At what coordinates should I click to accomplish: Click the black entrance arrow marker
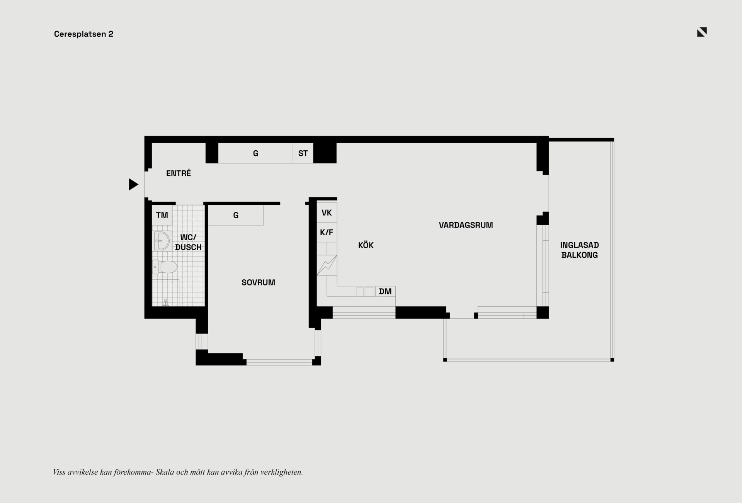133,184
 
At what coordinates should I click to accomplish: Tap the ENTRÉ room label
179,173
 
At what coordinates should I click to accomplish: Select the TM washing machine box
162,215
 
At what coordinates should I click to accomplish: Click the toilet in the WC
165,267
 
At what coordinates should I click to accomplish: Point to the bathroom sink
162,241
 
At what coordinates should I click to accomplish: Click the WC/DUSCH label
188,242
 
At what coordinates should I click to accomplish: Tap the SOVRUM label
259,282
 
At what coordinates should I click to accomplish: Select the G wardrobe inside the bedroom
236,215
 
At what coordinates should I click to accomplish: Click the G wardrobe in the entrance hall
255,153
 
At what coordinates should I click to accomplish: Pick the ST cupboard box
303,153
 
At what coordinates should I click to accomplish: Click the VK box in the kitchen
327,212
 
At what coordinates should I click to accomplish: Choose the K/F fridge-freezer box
327,233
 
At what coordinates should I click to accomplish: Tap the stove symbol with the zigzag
327,265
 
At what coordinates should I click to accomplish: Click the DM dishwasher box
385,291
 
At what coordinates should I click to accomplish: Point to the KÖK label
366,245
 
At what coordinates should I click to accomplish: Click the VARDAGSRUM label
466,225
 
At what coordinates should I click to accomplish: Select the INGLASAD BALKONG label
580,250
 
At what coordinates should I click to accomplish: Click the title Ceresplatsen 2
83,34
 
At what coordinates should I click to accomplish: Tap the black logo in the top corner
702,32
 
